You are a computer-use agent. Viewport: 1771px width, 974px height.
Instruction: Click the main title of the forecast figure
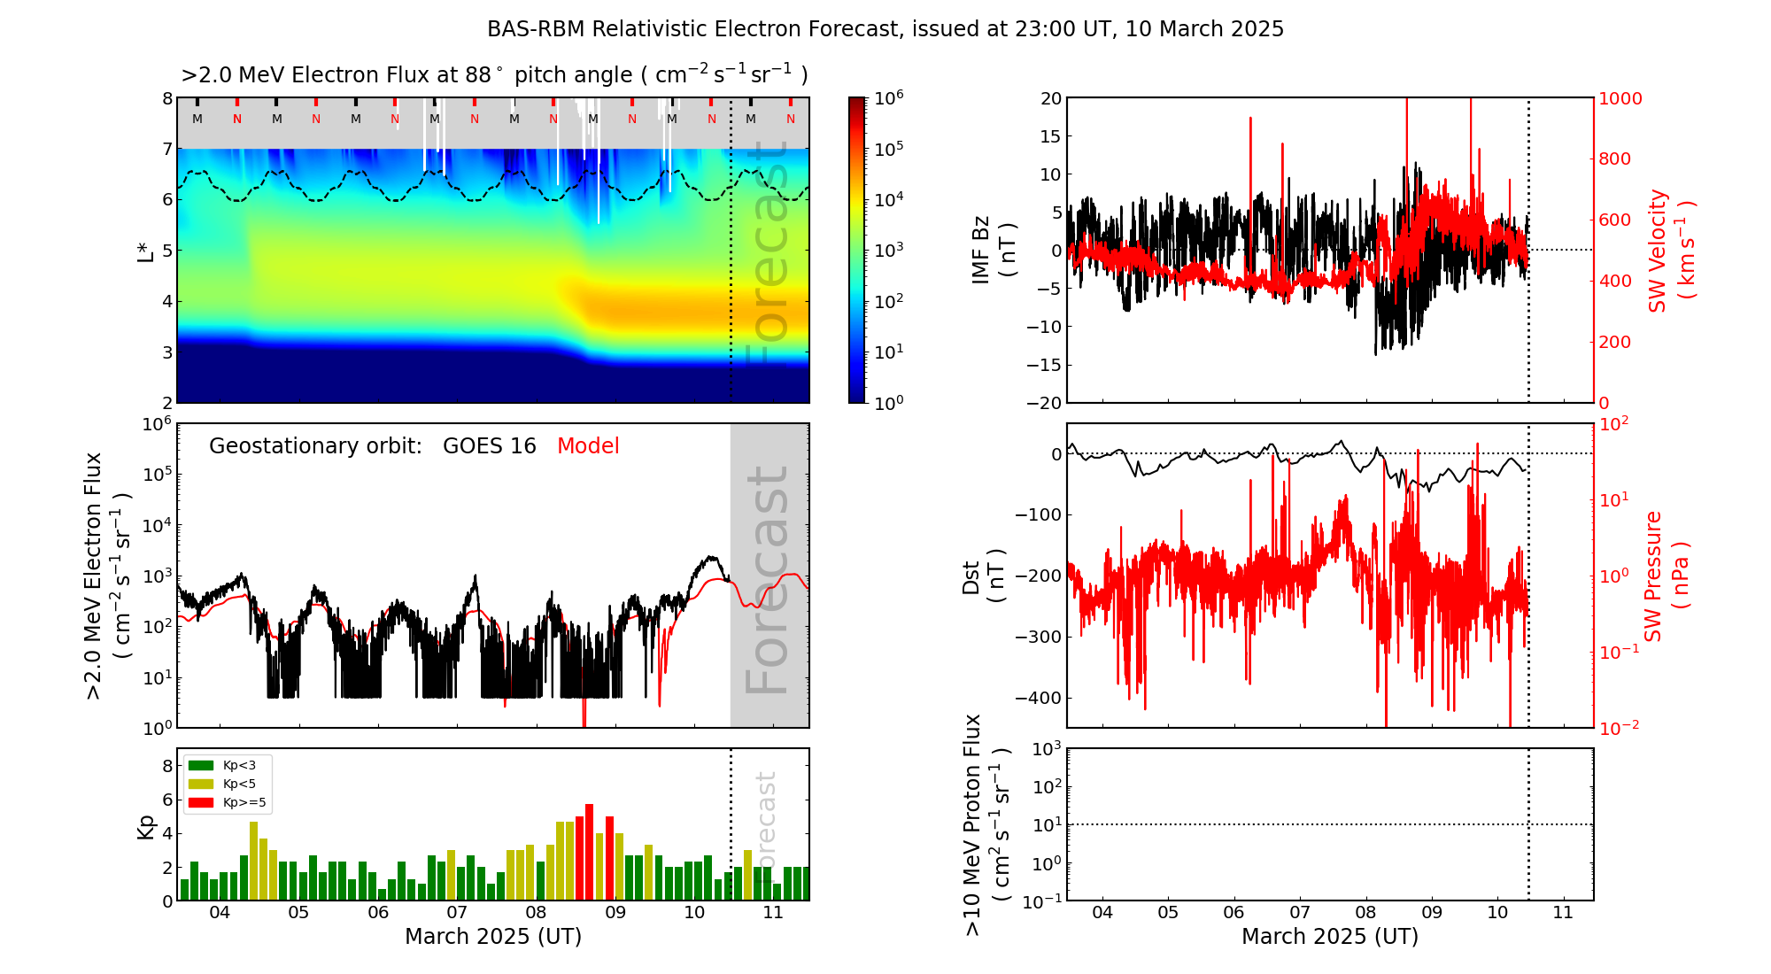coord(885,29)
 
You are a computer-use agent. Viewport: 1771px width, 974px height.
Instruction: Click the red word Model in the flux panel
coord(588,446)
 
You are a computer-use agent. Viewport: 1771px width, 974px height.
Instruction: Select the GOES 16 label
coord(490,446)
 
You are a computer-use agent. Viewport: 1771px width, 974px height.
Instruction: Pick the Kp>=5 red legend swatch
coord(202,803)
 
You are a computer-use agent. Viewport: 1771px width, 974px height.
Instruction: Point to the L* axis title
coord(146,251)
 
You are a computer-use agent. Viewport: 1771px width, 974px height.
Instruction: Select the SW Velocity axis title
coord(1670,250)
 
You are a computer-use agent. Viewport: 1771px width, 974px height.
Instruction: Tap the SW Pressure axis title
coord(1667,576)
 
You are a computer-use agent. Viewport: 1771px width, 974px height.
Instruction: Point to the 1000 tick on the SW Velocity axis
coord(1620,98)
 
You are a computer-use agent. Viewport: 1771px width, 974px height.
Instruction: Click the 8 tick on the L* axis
coord(167,98)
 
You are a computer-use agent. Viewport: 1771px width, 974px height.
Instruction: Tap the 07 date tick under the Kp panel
coord(457,913)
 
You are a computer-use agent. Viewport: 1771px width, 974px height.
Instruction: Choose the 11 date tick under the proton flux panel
coord(1563,913)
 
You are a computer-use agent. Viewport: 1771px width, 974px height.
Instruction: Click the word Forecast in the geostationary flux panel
coord(768,580)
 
